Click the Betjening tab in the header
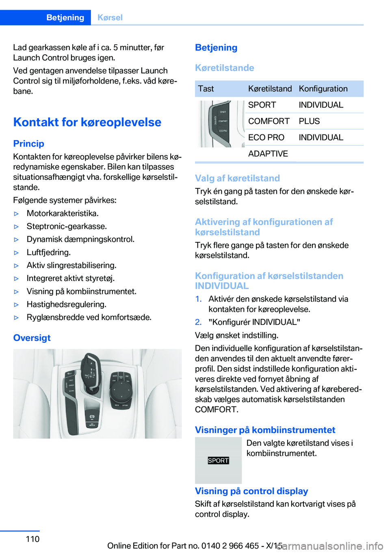pos(65,17)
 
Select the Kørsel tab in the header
pos(110,17)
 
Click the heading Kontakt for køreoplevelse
pos(87,122)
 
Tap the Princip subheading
pos(28,144)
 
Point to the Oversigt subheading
pos(32,338)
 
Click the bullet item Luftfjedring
pos(48,253)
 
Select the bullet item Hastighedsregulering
pos(66,305)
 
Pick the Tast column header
pos(206,89)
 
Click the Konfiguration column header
pos(323,89)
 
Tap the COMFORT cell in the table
pos(269,121)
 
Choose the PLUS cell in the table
pos(309,121)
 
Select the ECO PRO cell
pos(266,138)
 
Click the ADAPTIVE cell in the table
pos(268,154)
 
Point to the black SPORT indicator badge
pos(218,460)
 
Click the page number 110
pos(32,539)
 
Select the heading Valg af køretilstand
pos(237,178)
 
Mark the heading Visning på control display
pos(251,491)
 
